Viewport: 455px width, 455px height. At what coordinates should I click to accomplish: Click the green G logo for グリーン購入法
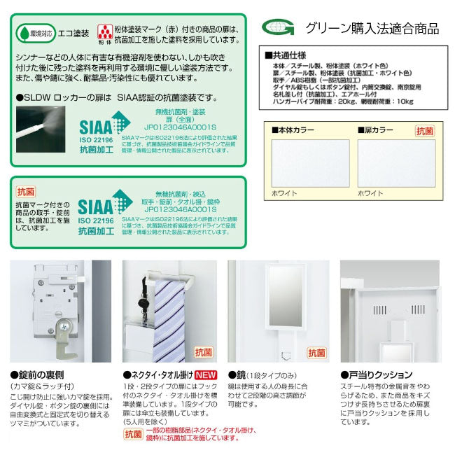pos(277,27)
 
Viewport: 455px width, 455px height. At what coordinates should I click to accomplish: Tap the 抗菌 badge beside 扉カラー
pos(425,130)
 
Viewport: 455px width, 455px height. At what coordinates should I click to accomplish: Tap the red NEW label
pos(206,374)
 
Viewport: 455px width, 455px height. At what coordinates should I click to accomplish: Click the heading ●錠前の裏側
pos(38,374)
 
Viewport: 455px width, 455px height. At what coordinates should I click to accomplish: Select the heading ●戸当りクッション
pos(377,374)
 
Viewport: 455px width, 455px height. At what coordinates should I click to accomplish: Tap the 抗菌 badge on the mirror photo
pos(316,353)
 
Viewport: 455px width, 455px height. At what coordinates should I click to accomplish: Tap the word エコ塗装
pos(72,32)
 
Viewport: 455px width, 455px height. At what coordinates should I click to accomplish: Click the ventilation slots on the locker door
pos(380,309)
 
